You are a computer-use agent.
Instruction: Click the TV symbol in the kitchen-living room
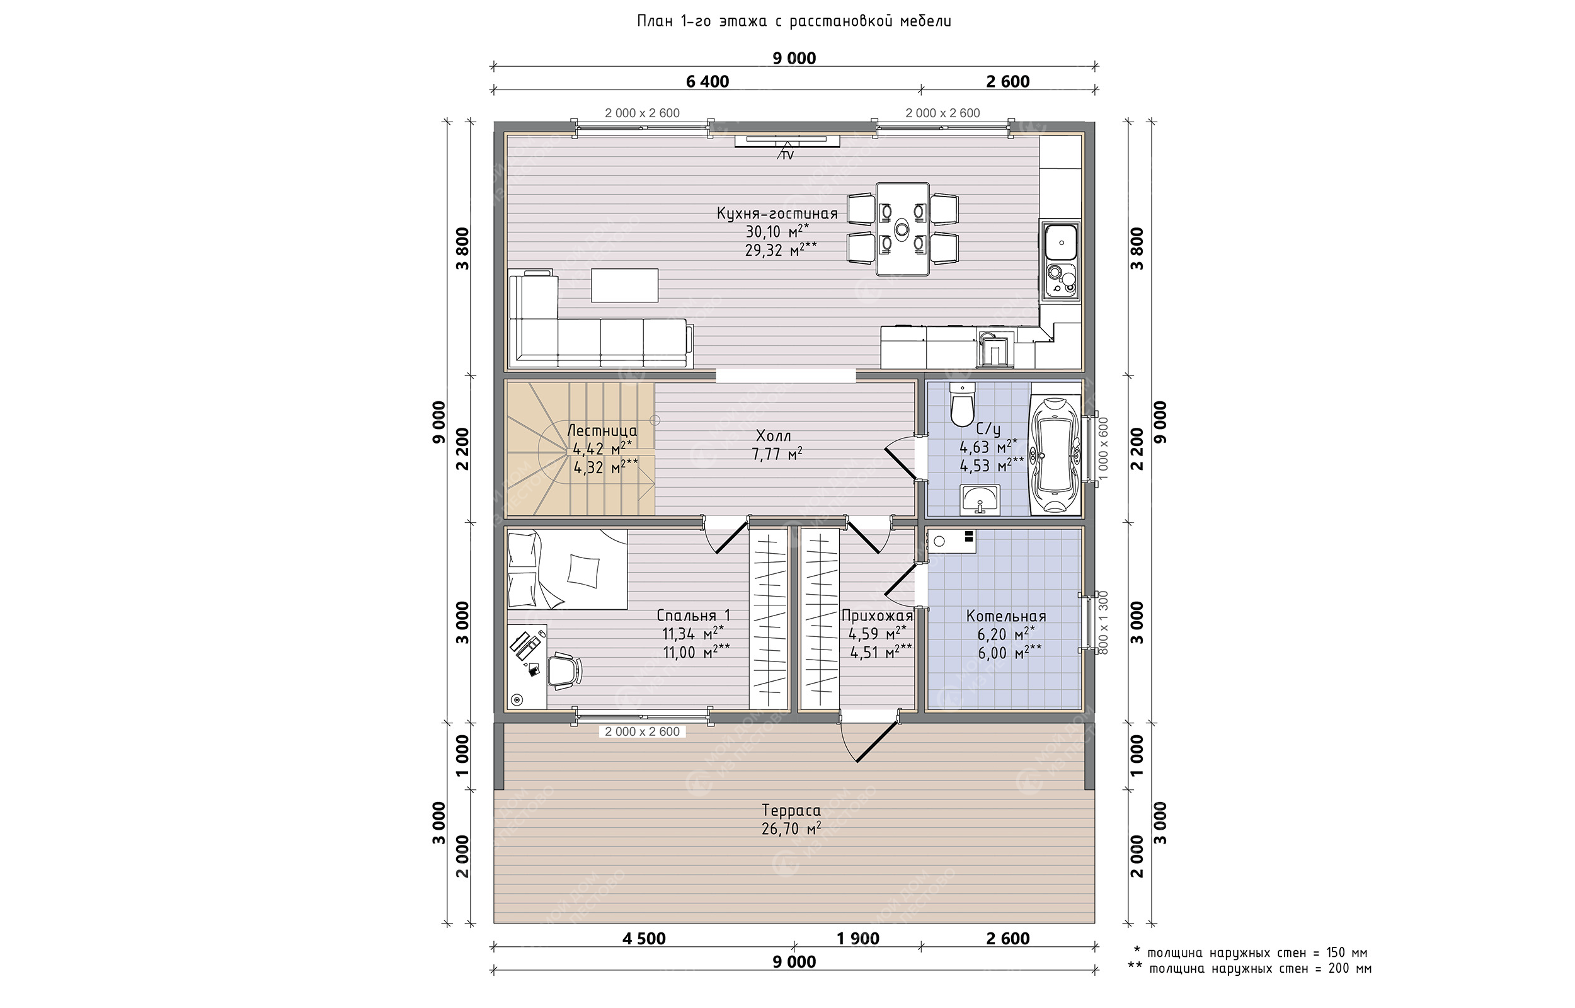tap(787, 142)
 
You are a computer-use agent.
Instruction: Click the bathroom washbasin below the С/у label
tap(980, 500)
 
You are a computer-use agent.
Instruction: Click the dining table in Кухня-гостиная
tap(902, 229)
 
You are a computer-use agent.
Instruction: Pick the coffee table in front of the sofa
tap(624, 285)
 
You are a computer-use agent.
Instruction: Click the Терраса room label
tap(791, 810)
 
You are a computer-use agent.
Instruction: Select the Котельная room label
tap(1005, 616)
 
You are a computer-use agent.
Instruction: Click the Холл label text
tap(774, 436)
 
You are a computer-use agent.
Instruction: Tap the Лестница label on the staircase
tap(602, 431)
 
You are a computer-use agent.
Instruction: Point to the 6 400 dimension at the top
tap(707, 82)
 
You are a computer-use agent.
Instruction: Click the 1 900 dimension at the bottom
tap(858, 939)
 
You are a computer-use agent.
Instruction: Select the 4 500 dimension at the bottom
tap(644, 939)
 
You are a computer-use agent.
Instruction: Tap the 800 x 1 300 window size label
tap(1104, 622)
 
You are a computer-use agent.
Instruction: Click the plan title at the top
tap(794, 21)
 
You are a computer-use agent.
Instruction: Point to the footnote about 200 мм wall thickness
tap(1250, 969)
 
